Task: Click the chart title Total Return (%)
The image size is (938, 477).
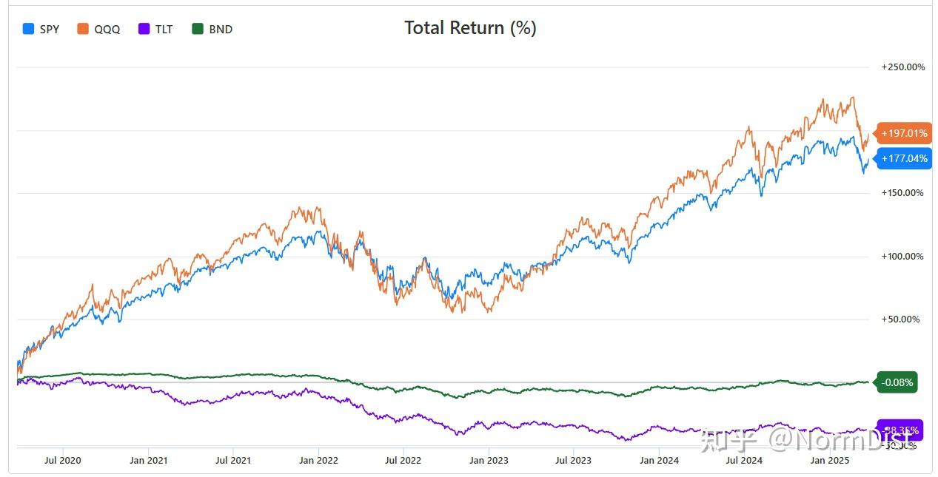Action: click(470, 28)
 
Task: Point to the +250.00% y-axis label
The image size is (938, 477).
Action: click(902, 67)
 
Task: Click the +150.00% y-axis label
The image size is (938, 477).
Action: click(902, 193)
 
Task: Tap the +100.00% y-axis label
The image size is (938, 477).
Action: click(902, 257)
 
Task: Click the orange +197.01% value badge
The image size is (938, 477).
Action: click(903, 134)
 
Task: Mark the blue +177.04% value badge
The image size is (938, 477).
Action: click(903, 158)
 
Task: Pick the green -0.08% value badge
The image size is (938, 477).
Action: click(897, 382)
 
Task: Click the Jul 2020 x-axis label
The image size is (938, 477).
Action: click(63, 461)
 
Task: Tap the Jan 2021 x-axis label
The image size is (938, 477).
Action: click(148, 461)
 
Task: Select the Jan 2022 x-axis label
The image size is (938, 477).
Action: click(318, 461)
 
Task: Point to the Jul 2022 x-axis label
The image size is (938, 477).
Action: click(403, 461)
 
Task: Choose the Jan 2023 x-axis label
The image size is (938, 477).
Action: click(488, 461)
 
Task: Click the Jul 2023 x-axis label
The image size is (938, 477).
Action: click(573, 461)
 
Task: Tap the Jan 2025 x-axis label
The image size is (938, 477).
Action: click(828, 461)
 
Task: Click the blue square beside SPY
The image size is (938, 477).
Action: click(29, 30)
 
